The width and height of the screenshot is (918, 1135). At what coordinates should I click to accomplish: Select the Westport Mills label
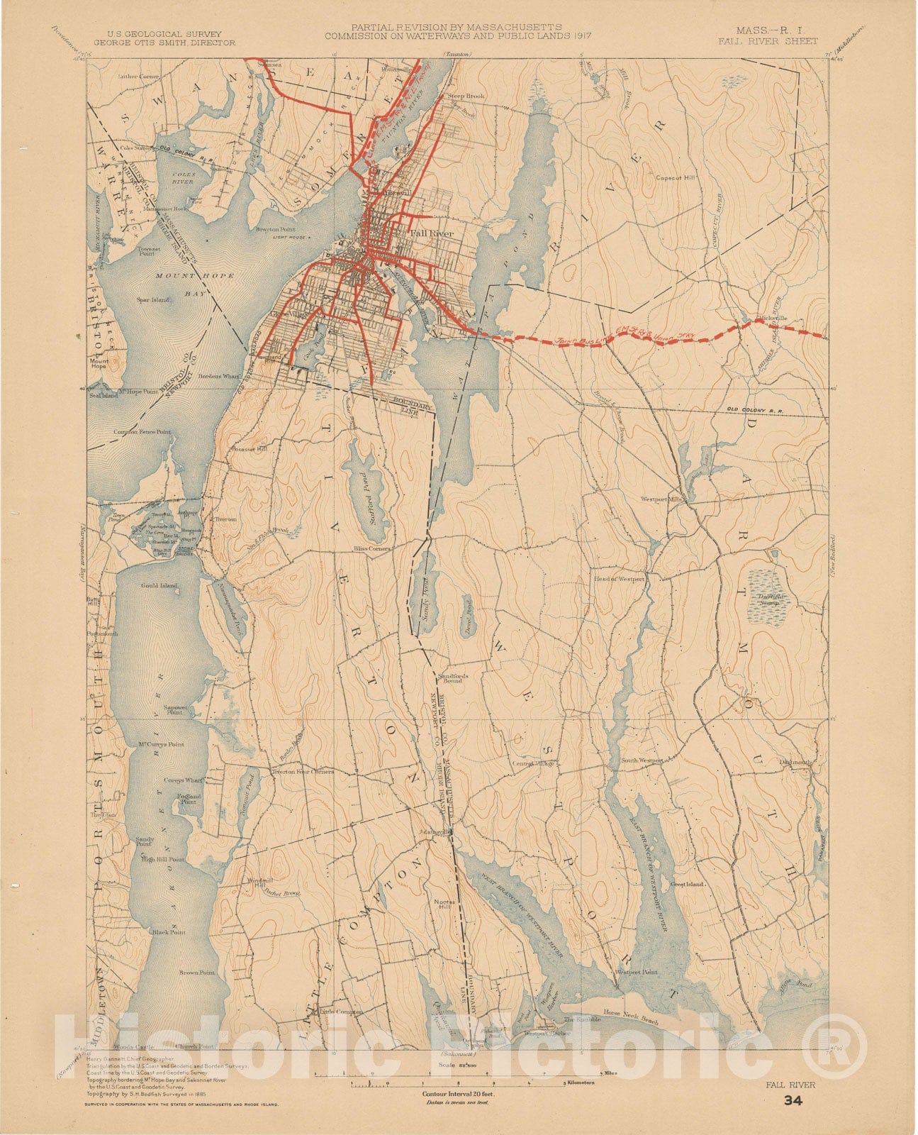coord(662,499)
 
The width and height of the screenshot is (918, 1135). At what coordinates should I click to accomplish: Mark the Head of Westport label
coord(620,579)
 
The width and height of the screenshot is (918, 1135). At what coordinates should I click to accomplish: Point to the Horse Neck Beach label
coord(630,1013)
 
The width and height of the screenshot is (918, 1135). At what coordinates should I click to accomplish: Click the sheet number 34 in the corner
coord(793,1101)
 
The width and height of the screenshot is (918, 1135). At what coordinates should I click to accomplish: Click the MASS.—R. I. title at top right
coord(776,31)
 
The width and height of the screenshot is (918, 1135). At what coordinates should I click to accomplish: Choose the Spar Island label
coord(154,300)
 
